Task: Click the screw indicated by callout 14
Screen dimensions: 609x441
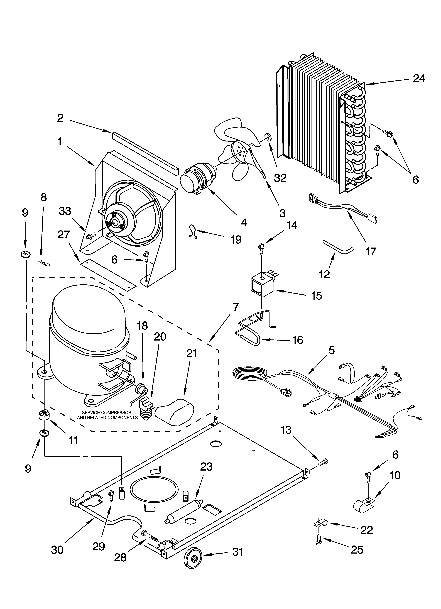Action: pos(261,247)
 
